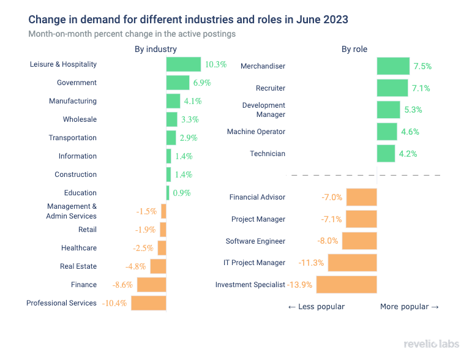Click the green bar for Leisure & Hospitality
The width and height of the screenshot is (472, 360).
[x=183, y=64]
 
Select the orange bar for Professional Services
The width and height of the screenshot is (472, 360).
[x=149, y=303]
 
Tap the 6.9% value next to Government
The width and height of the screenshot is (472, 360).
[x=203, y=83]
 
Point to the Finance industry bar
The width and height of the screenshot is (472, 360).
[x=151, y=285]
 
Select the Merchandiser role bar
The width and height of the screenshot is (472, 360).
[x=393, y=66]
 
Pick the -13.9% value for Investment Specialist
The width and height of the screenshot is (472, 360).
[x=300, y=285]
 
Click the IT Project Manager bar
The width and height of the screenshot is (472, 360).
[x=352, y=263]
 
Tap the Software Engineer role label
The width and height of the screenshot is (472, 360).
[x=255, y=241]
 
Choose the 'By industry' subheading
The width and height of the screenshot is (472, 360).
[x=155, y=49]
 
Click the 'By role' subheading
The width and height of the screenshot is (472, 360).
[x=354, y=49]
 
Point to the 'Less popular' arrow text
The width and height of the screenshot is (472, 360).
[x=316, y=306]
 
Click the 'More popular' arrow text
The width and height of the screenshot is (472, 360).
[x=410, y=306]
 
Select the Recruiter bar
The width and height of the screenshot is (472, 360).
[x=392, y=88]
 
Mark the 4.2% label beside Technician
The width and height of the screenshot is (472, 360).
[x=408, y=154]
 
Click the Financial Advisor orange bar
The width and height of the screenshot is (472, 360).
[x=361, y=197]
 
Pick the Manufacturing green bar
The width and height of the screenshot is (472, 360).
[x=173, y=101]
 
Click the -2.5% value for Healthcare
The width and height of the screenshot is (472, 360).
[x=144, y=248]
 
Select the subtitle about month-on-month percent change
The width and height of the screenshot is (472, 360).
[x=132, y=34]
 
